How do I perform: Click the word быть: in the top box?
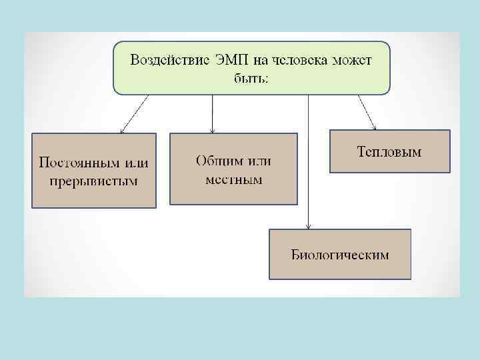[251, 77]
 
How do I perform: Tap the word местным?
[234, 179]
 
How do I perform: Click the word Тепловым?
[389, 152]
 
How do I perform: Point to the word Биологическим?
[339, 255]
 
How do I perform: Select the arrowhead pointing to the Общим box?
[212, 129]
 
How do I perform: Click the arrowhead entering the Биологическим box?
[308, 226]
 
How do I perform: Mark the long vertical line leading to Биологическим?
[308, 160]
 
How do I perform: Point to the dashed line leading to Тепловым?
[366, 110]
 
